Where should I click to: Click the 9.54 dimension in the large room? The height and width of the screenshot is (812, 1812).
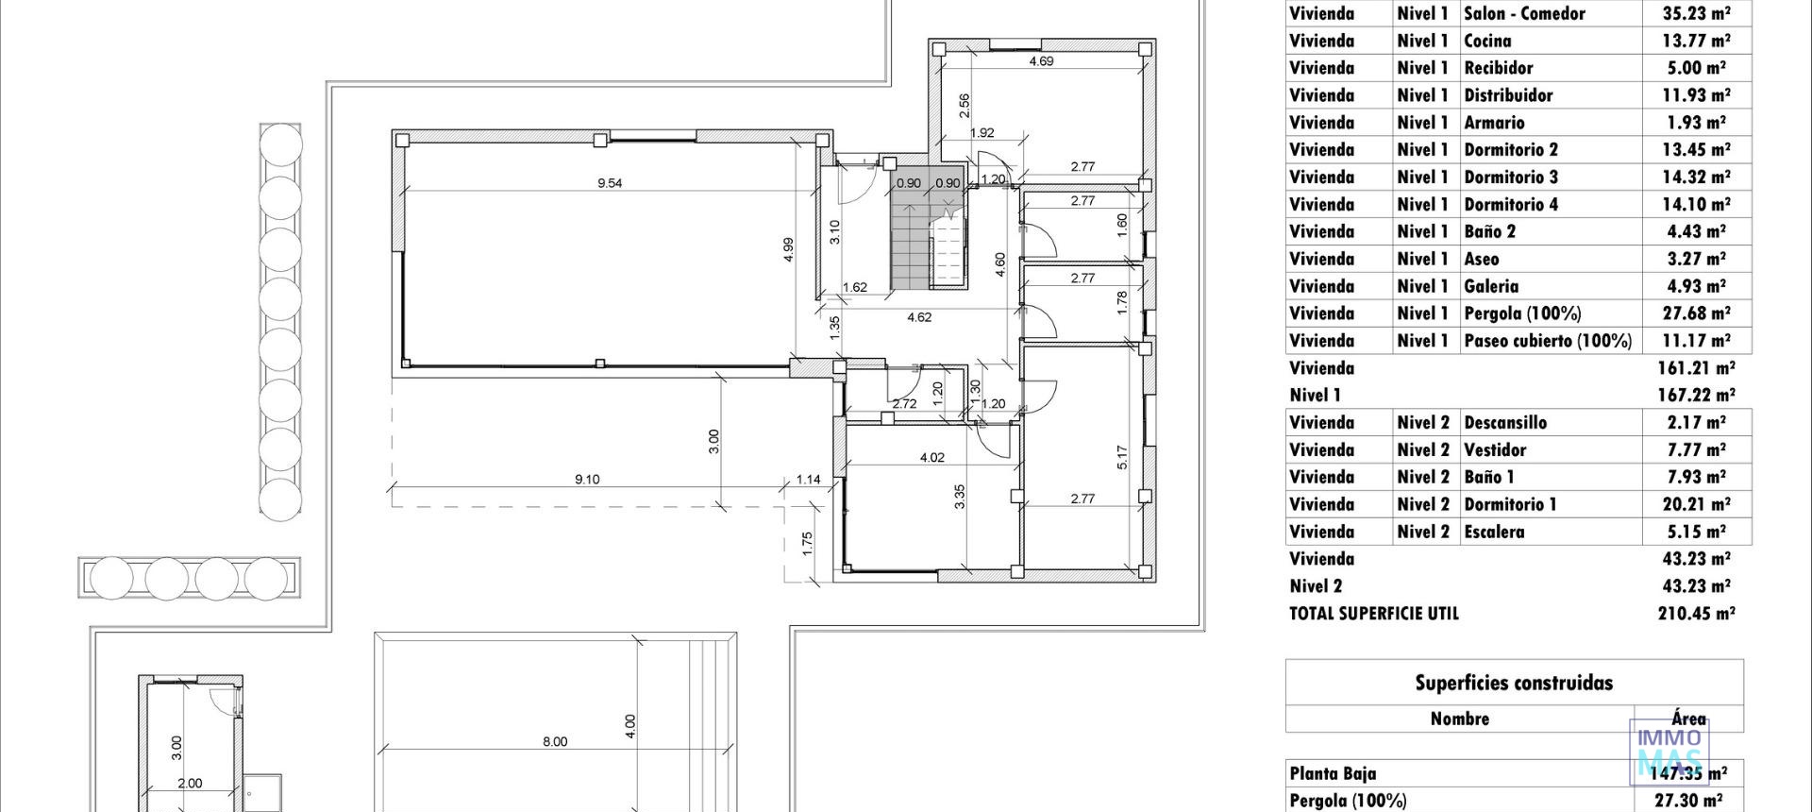click(610, 183)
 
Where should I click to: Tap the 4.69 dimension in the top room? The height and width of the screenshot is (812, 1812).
click(1041, 61)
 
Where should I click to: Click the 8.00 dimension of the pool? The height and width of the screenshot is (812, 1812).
click(555, 742)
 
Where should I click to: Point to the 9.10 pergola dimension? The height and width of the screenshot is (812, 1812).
click(587, 480)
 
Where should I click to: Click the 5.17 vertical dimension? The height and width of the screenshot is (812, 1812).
click(1122, 458)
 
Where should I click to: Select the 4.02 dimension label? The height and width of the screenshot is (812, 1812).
click(931, 458)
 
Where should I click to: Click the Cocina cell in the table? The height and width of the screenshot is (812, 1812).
click(1487, 41)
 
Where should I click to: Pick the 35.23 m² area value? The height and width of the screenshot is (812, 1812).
click(1696, 13)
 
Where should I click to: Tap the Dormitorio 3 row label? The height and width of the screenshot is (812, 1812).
click(1511, 177)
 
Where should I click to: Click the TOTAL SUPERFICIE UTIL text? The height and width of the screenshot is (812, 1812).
click(1374, 613)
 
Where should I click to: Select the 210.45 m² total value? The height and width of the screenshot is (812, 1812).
click(1696, 613)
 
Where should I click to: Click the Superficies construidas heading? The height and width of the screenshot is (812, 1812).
click(1514, 683)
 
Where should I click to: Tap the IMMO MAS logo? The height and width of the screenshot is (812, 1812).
click(1669, 752)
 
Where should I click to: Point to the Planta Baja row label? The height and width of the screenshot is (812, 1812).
click(1333, 773)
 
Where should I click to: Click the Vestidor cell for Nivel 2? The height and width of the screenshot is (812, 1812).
click(1495, 449)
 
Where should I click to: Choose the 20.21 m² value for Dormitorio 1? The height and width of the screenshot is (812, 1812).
click(1696, 504)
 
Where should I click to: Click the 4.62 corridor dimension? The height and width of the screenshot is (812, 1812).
click(919, 317)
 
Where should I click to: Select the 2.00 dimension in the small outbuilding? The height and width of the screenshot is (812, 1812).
click(190, 783)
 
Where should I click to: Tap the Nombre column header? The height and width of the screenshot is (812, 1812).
click(1459, 719)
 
